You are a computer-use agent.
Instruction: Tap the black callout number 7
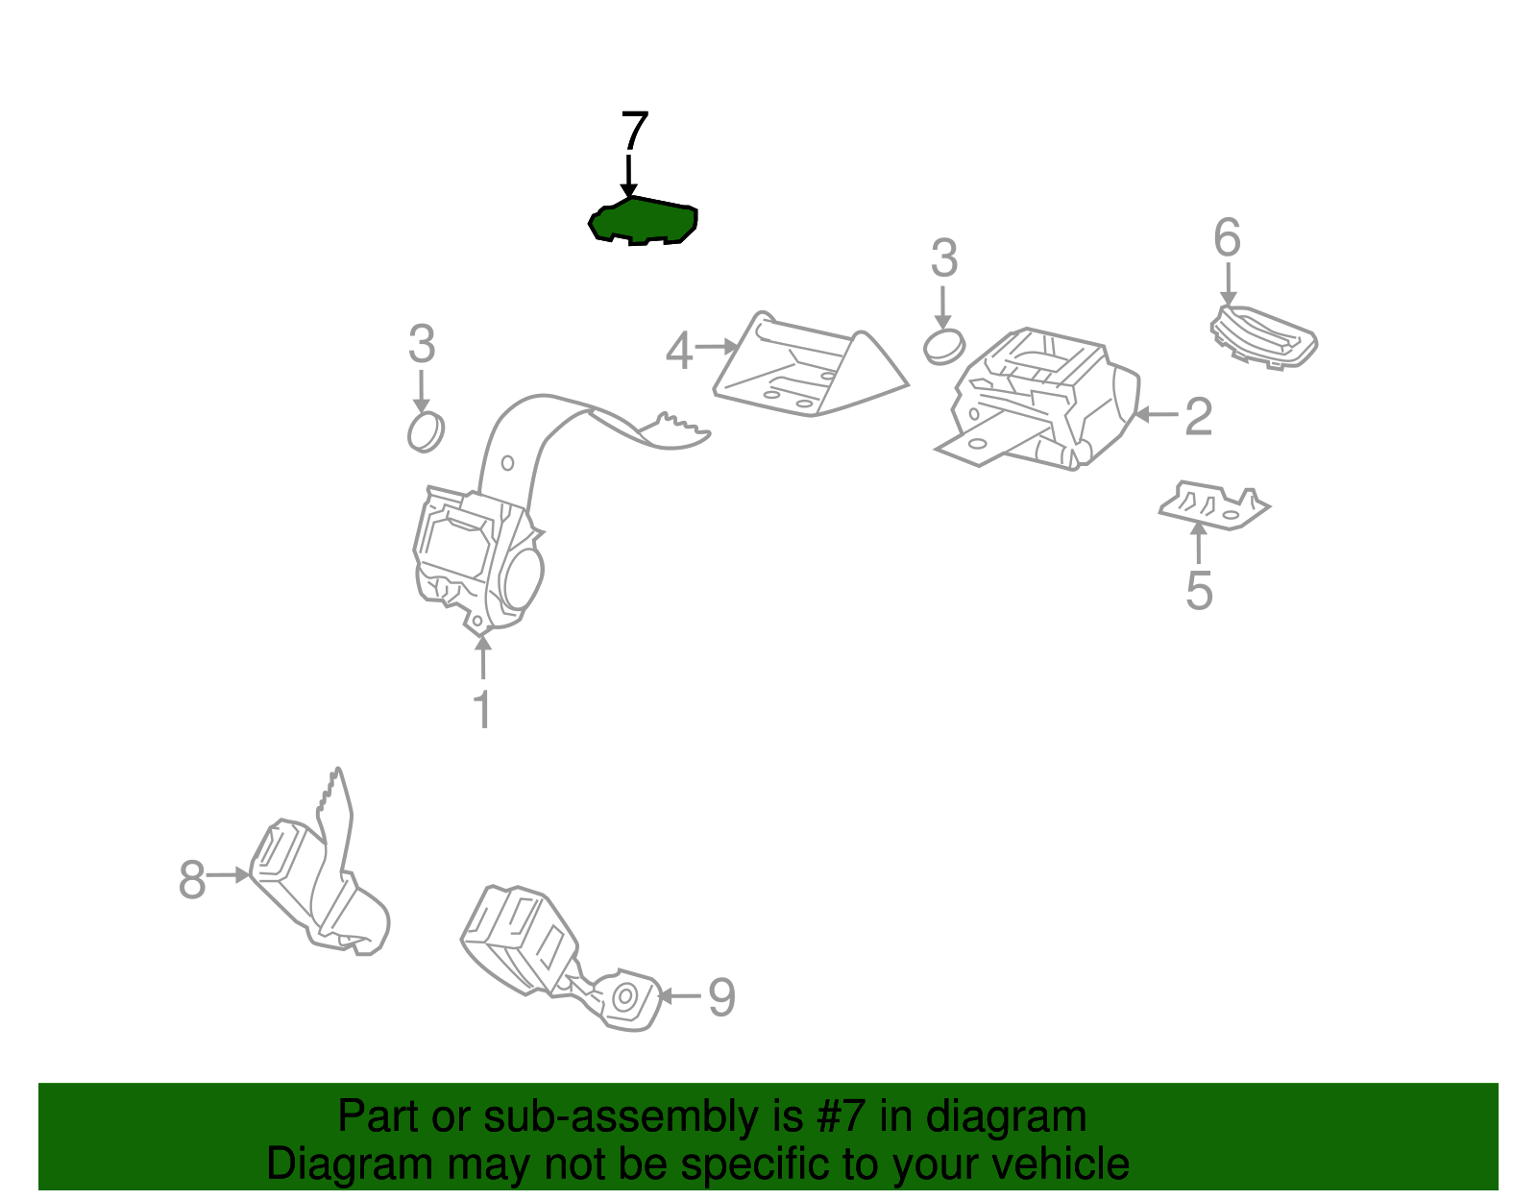coord(634,132)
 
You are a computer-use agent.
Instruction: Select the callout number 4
coord(679,351)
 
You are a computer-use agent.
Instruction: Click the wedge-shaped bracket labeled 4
coord(807,370)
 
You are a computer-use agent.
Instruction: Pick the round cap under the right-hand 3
coord(943,346)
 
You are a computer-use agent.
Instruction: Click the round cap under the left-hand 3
coord(426,431)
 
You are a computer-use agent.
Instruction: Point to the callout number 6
coord(1227,237)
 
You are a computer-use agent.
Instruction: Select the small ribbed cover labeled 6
coord(1263,336)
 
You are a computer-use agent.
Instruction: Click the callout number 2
coord(1198,416)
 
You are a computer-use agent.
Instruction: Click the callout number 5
coord(1198,590)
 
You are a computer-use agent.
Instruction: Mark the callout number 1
coord(482,710)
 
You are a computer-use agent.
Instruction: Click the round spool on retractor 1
coord(521,575)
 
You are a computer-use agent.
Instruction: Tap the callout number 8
coord(192,879)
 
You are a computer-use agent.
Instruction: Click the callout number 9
coord(721,997)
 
